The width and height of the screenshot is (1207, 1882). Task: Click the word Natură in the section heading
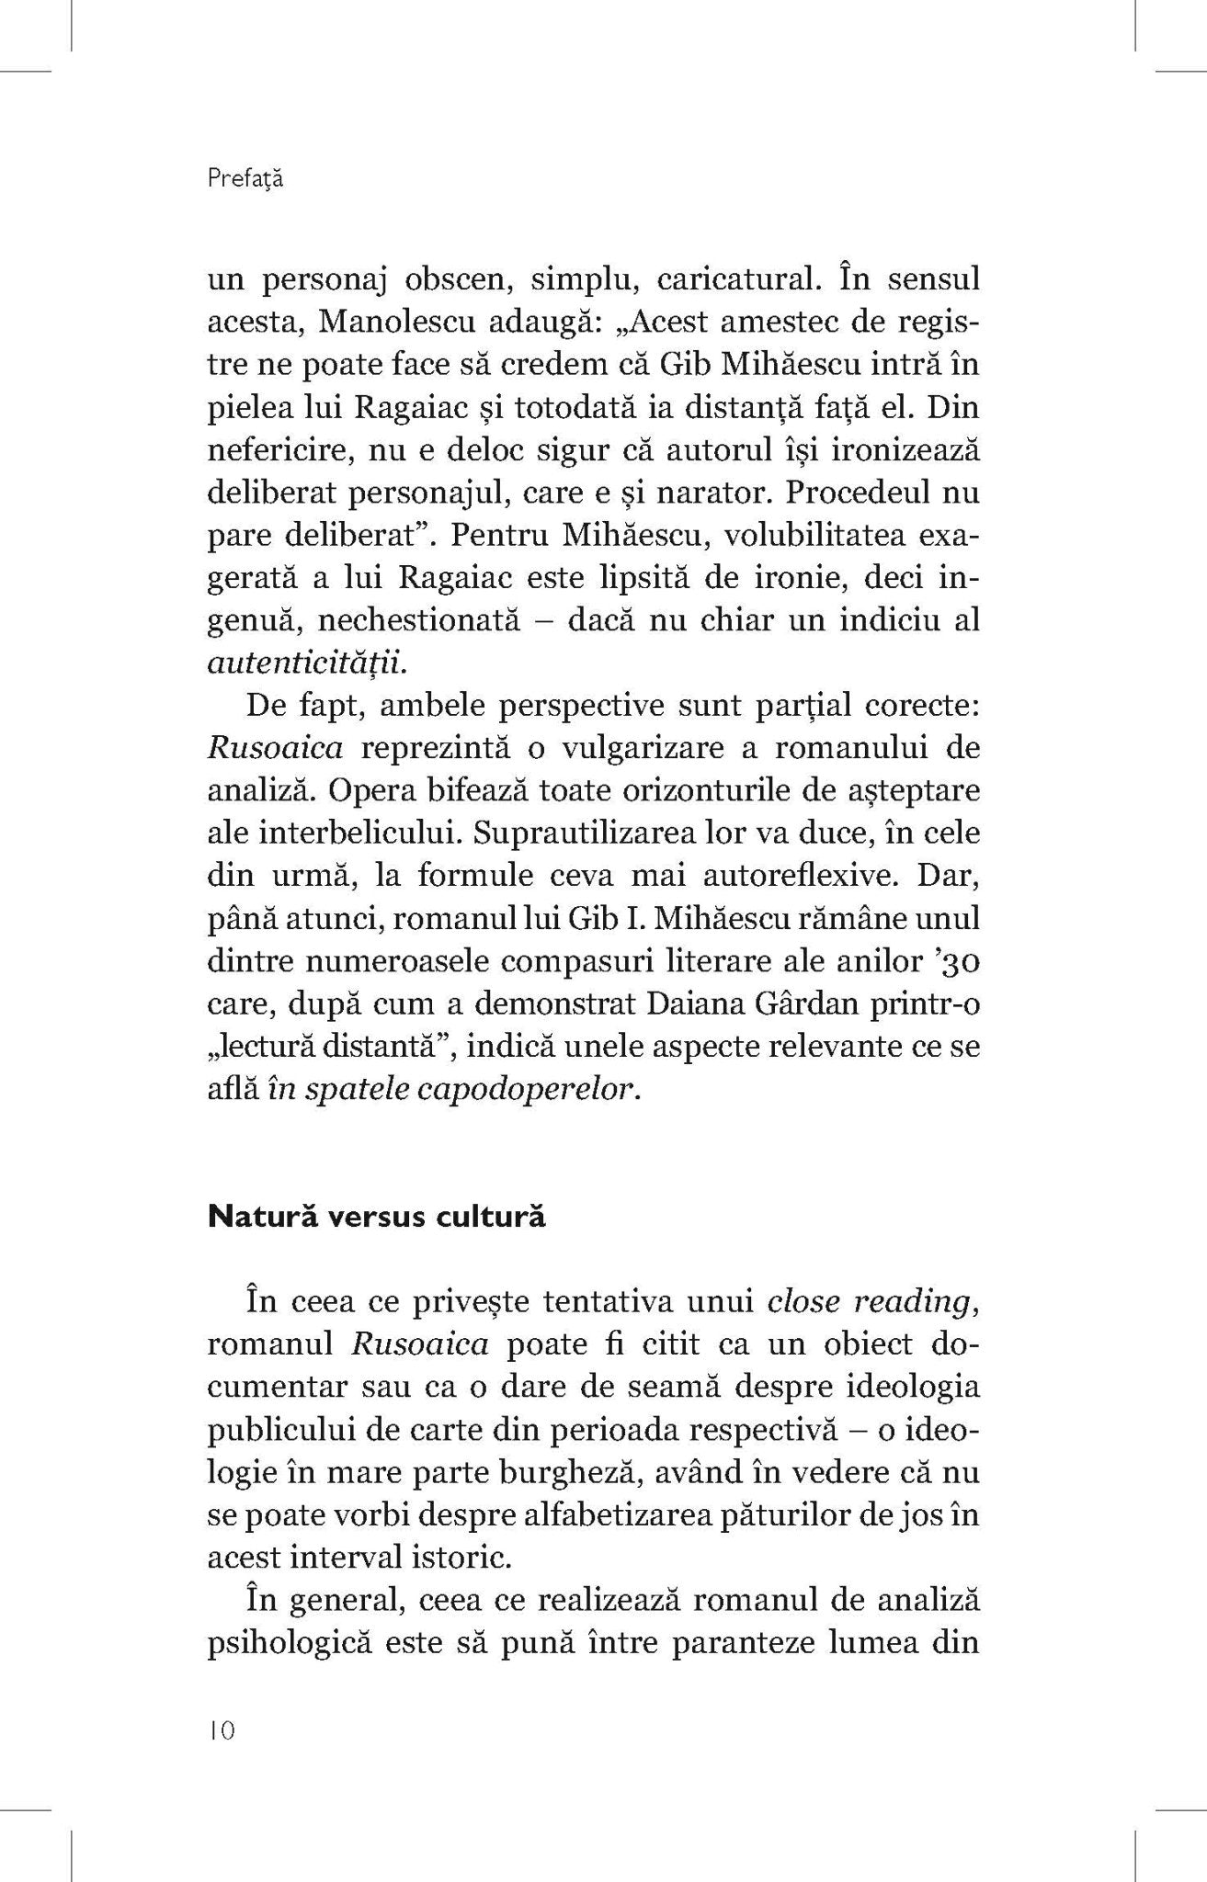click(262, 1218)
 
